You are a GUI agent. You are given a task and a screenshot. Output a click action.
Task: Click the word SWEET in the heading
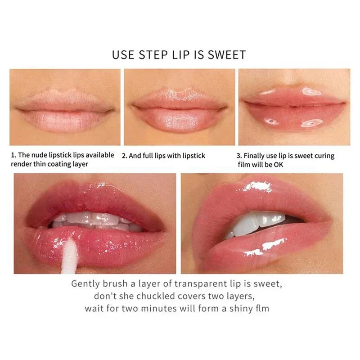pos(227,55)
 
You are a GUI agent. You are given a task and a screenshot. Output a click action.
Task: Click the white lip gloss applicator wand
pos(70,256)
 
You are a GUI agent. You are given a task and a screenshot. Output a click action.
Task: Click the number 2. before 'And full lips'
pos(124,156)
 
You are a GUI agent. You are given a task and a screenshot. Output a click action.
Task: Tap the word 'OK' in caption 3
pos(279,165)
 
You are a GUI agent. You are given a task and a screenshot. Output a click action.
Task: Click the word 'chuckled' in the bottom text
pos(155,296)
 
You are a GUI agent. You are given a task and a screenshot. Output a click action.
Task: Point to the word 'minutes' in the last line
pos(159,308)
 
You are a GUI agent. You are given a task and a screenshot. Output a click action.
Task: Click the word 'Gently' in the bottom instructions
pos(85,284)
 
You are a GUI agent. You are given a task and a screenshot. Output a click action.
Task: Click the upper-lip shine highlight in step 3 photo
pos(311,92)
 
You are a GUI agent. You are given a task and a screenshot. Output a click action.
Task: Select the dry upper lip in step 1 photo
pos(65,99)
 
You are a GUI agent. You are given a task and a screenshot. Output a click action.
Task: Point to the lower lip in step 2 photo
pos(179,120)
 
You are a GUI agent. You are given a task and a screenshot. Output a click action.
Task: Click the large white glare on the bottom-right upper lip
pos(257,186)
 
